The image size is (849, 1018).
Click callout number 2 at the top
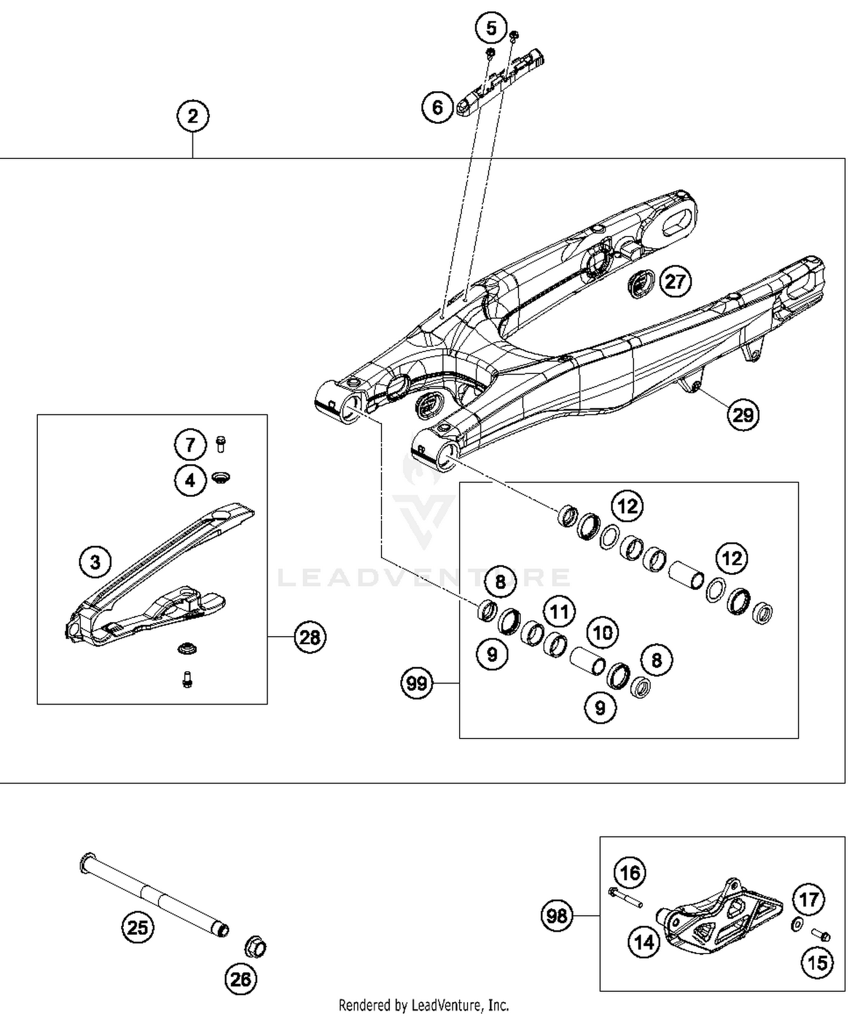[192, 116]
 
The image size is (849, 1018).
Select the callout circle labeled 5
[491, 28]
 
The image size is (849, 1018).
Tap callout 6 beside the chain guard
[438, 107]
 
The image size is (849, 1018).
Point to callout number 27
[675, 281]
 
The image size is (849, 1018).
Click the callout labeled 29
[743, 415]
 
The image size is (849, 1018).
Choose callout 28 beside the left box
[310, 638]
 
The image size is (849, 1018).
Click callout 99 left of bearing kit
[417, 684]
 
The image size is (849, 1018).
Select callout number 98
[557, 915]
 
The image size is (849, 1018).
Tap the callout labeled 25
[138, 927]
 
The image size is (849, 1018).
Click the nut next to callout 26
[255, 946]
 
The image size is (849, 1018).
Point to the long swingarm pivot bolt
[153, 892]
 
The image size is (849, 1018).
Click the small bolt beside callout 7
[221, 444]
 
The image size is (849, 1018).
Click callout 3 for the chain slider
[95, 562]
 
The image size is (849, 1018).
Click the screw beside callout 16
[625, 898]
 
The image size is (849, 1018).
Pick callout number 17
[808, 899]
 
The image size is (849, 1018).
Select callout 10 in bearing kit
[602, 632]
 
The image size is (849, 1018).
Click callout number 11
[559, 612]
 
